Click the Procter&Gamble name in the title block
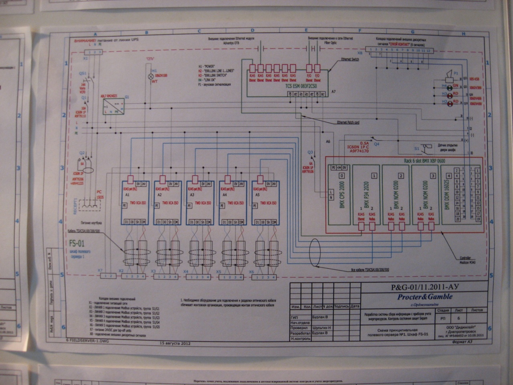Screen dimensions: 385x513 (x=425, y=297)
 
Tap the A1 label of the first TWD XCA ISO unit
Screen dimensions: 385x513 (x=127, y=194)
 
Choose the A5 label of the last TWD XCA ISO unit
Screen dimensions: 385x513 (x=257, y=194)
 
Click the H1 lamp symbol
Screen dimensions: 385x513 (x=151, y=75)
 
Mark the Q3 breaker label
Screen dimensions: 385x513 (x=309, y=152)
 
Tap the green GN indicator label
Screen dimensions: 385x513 (x=455, y=86)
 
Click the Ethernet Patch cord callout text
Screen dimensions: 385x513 (x=347, y=122)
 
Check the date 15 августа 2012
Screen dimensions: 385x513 (x=175, y=343)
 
